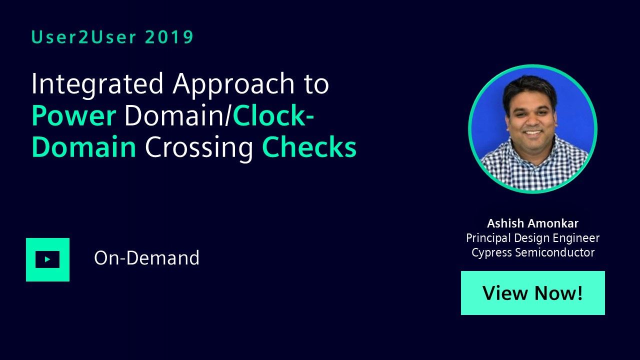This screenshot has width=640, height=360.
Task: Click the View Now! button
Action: click(533, 293)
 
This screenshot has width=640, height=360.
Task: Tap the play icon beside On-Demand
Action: click(47, 259)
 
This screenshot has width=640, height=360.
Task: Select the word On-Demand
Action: click(146, 258)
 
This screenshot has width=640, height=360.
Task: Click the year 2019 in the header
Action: click(169, 37)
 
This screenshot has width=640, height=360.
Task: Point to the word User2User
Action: click(83, 37)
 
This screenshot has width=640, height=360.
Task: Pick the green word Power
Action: click(74, 115)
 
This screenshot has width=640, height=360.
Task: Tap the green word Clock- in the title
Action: click(273, 115)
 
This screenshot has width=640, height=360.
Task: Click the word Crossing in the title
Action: click(199, 147)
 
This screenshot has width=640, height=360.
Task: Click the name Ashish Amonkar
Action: click(533, 223)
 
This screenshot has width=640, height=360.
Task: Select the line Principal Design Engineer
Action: click(533, 238)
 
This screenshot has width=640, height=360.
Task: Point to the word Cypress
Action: click(491, 253)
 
